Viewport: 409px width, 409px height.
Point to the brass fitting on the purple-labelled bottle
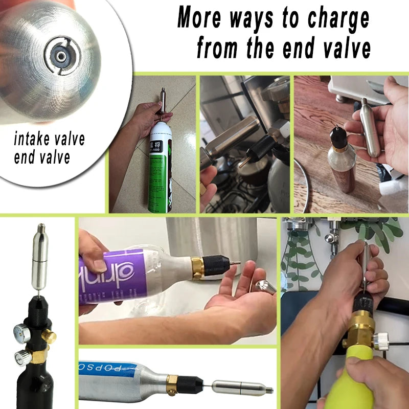pyautogui.click(x=197, y=268)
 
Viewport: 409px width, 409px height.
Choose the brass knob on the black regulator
pyautogui.click(x=49, y=335)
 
